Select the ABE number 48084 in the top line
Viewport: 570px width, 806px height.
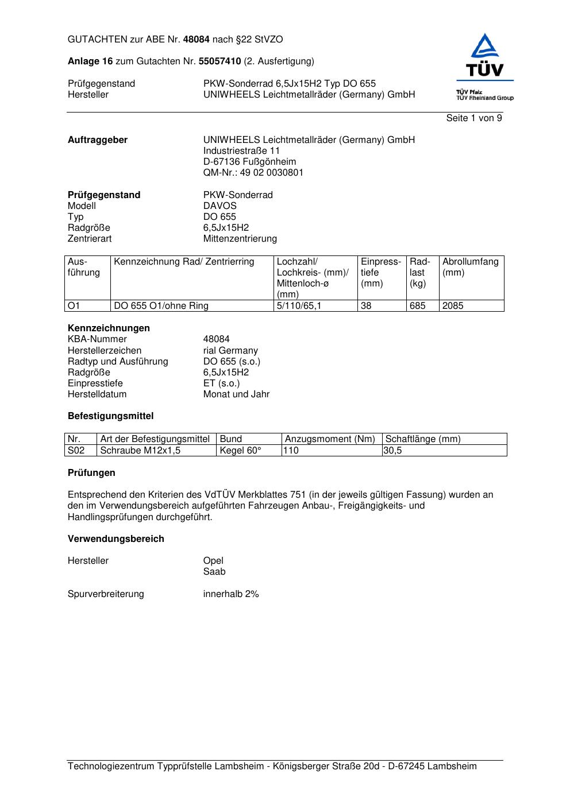tap(197, 40)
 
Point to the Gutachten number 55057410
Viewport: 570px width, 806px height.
tap(219, 61)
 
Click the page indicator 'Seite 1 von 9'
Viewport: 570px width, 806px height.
tap(474, 118)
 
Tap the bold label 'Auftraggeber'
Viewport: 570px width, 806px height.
tap(98, 140)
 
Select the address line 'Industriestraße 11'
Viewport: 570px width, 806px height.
tap(241, 151)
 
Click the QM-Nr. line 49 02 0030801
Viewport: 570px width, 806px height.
tap(253, 173)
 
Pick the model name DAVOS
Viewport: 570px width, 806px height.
tap(220, 206)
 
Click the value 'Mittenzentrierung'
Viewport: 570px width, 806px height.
tap(240, 239)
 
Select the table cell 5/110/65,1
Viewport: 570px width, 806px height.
tap(299, 306)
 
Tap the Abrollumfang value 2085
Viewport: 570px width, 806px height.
tap(453, 306)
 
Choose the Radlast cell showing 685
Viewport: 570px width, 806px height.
tap(418, 306)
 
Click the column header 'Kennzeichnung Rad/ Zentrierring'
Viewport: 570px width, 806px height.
tap(184, 262)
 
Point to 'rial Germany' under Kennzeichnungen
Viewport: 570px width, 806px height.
tap(230, 351)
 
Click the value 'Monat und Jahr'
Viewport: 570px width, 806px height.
tap(236, 394)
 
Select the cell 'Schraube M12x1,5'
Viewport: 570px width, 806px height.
tap(140, 451)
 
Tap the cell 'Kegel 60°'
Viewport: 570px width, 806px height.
tap(241, 451)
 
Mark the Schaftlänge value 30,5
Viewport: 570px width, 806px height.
tap(393, 451)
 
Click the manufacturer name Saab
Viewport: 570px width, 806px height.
tap(214, 572)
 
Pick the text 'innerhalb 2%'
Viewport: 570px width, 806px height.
tap(231, 594)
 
